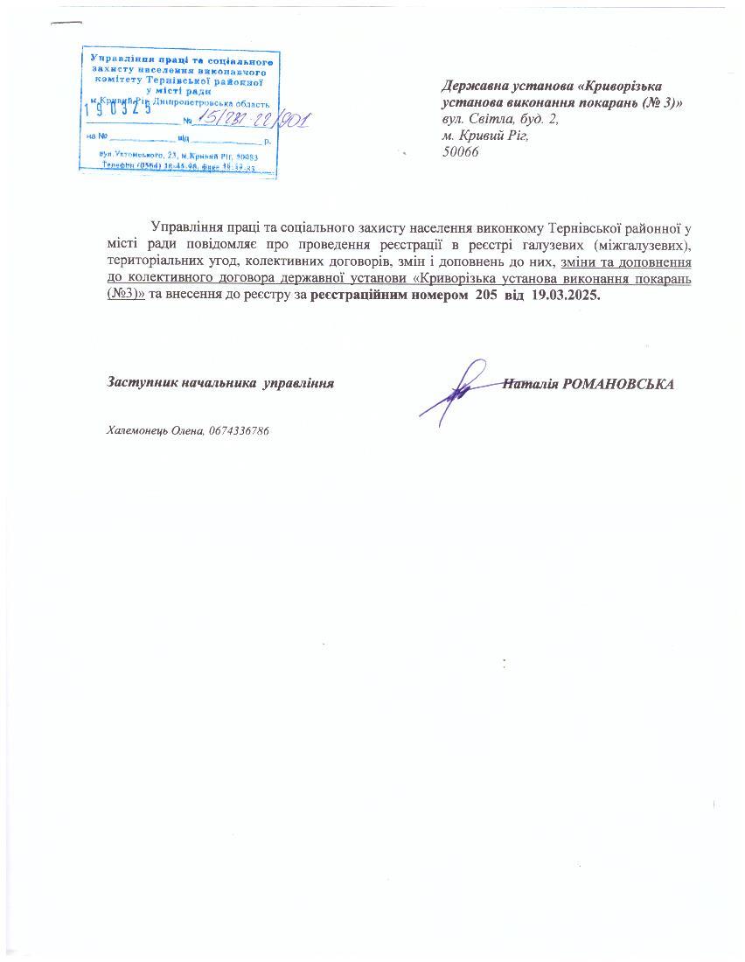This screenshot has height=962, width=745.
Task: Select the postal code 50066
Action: (461, 151)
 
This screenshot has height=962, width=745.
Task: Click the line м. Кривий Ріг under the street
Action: (486, 136)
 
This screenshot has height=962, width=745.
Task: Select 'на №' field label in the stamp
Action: (95, 137)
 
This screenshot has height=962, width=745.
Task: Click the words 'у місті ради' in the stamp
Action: (175, 89)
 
